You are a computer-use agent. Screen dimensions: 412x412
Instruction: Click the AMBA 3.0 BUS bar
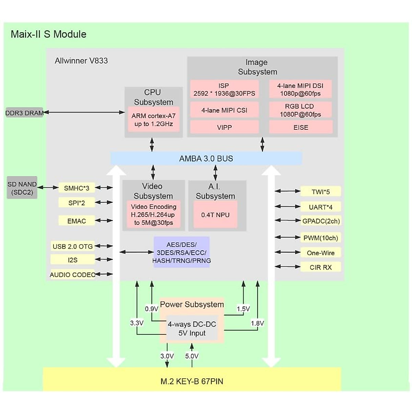pos(206,159)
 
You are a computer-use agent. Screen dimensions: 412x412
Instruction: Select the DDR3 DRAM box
pos(24,113)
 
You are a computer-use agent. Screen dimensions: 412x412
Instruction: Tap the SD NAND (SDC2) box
pos(22,188)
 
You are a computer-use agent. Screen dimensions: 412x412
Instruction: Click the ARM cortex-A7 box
pos(153,120)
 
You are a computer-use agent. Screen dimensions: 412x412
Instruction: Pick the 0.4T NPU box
pos(215,215)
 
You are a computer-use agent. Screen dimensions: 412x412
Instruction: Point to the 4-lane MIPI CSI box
pos(224,110)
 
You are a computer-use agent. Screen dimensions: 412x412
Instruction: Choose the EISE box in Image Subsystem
pos(301,127)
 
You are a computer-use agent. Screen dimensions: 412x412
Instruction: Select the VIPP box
pos(224,127)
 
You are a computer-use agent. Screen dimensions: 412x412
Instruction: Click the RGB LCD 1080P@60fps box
pos(300,110)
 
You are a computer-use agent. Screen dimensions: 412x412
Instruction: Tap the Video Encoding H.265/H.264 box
pos(153,215)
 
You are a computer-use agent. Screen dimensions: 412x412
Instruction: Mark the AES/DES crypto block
pos(181,252)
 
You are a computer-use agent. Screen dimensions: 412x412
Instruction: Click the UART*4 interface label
pos(321,207)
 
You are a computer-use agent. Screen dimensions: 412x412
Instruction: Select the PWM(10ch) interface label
pos(321,238)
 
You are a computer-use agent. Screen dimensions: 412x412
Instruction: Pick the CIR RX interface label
pos(321,267)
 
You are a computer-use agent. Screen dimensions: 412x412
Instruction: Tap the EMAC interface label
pos(77,221)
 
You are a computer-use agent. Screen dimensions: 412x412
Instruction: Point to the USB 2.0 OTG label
pos(72,246)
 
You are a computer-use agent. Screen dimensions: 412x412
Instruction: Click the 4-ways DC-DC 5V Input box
pos(192,329)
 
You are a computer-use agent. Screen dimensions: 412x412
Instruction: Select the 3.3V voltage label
pos(137,323)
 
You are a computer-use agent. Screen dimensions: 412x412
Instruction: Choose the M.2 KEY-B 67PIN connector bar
pos(192,381)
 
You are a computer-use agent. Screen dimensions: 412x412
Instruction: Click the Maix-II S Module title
pos(48,34)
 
